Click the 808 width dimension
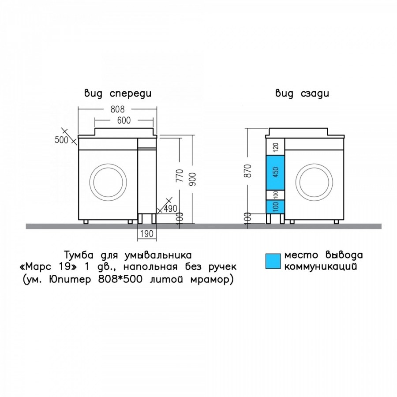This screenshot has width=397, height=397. coord(118,109)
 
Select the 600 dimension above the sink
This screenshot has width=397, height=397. coord(124,120)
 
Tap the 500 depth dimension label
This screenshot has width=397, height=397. coord(61,139)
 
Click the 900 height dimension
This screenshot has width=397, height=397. coord(192,179)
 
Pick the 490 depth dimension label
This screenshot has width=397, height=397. coord(170,209)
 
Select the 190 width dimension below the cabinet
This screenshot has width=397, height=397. coord(147,233)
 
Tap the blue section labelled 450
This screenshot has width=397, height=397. coord(275,172)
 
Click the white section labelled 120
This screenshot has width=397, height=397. coord(275,147)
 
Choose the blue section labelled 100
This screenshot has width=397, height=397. coord(275,206)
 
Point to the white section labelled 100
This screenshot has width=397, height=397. coord(275,195)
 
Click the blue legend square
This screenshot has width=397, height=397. coord(273,261)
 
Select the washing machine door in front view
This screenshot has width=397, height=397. coord(110,182)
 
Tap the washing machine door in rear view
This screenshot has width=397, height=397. coord(314,182)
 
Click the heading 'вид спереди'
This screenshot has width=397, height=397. coord(118,94)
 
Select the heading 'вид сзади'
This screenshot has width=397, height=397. coord(302,94)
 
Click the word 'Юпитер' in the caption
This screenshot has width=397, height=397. coord(70,280)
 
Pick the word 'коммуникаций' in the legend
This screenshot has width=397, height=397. coord(321,266)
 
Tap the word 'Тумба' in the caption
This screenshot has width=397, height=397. coord(79,254)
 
